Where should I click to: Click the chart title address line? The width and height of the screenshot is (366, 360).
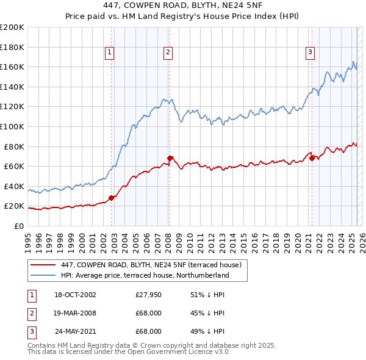tap(182, 6)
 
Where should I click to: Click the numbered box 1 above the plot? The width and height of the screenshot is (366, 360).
tap(109, 53)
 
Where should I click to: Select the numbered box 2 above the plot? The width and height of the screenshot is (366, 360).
tap(167, 53)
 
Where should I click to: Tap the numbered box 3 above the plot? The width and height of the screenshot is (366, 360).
tap(310, 53)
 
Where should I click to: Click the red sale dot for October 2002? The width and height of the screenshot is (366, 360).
tap(112, 198)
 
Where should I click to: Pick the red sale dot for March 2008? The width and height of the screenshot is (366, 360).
tap(170, 158)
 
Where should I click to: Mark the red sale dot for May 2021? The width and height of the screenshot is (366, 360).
tap(312, 158)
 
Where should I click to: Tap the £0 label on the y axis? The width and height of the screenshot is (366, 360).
tap(18, 226)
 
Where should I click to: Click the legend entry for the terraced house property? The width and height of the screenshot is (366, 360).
tap(151, 265)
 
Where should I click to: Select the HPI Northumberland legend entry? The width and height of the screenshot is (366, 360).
tap(145, 275)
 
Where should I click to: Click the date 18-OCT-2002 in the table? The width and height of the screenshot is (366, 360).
tap(75, 295)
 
